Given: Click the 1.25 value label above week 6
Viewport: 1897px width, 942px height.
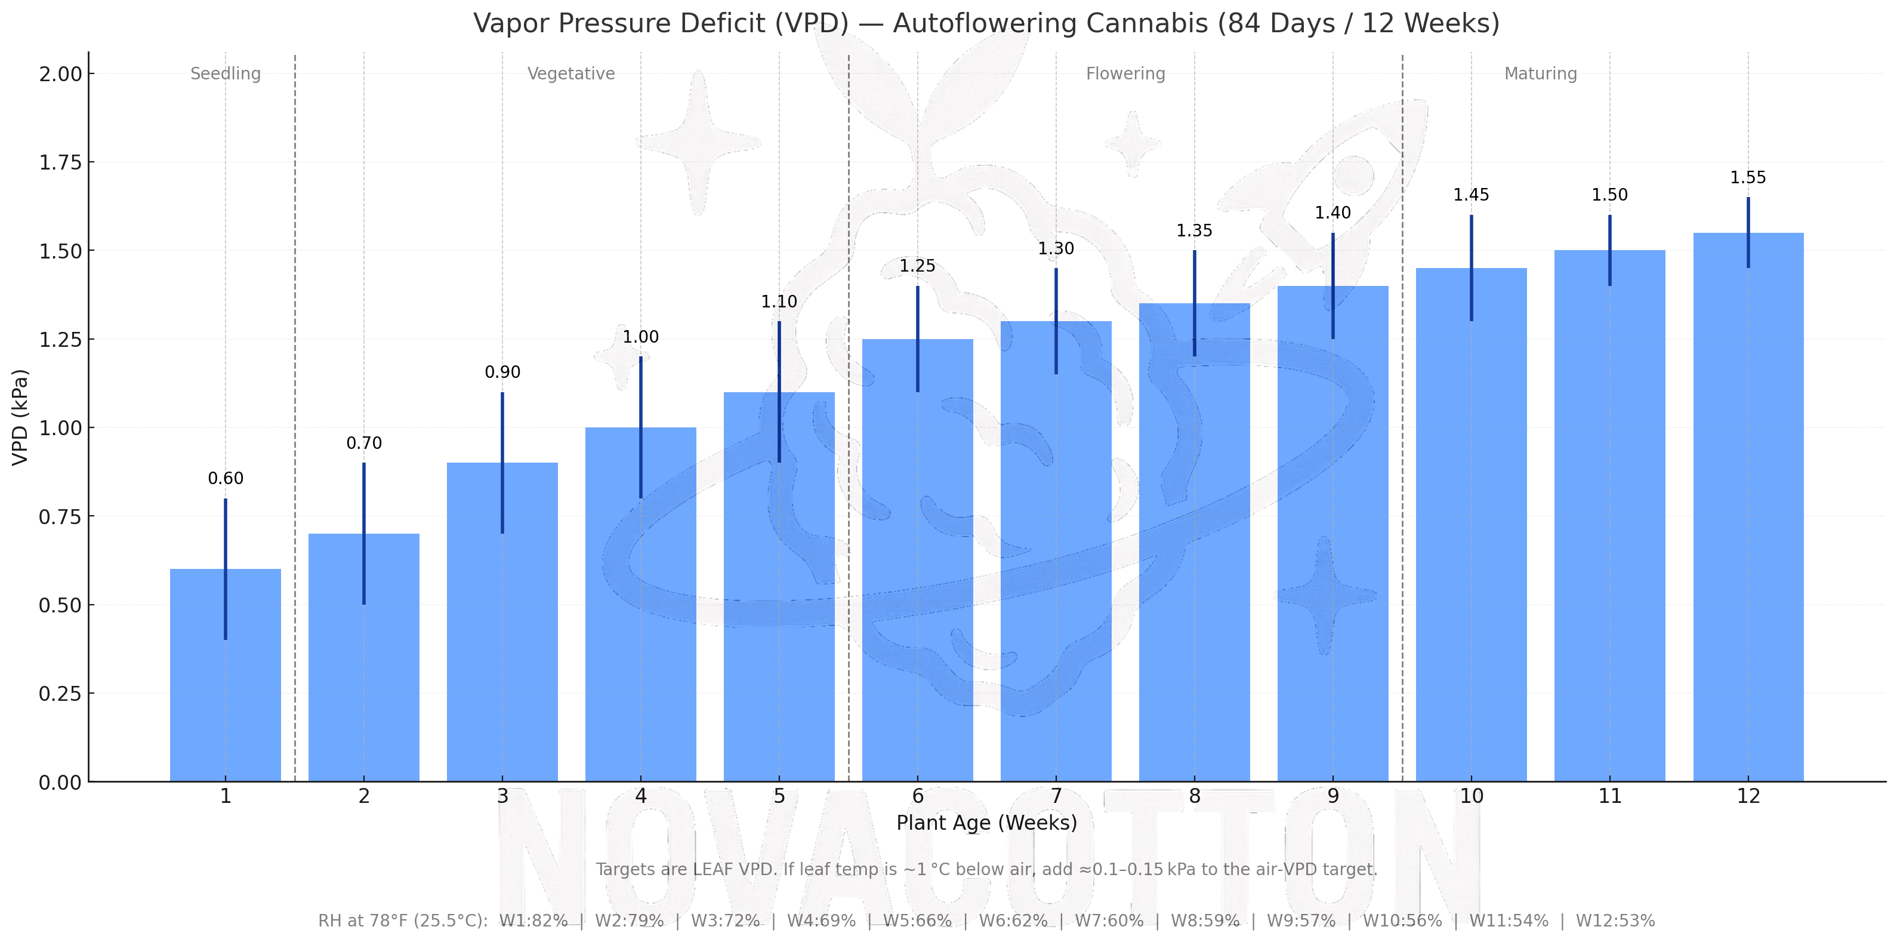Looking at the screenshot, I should [918, 266].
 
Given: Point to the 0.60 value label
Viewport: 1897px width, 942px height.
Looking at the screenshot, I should [226, 479].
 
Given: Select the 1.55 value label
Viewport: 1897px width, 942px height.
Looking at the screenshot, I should [1748, 177].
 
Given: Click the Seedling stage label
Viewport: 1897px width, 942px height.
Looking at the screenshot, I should [226, 73].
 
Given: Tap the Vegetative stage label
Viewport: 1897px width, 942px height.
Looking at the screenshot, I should [570, 73].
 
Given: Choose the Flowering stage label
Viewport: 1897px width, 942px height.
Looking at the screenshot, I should [1125, 73].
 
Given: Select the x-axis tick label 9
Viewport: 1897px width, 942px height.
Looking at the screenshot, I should [1333, 796].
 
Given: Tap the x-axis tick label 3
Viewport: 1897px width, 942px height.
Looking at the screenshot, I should [502, 796].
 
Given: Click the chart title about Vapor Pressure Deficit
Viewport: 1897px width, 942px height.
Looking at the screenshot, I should [986, 23].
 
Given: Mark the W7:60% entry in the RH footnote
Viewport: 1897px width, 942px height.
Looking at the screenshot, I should [1109, 921].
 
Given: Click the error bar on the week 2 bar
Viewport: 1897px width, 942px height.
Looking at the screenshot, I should [364, 533].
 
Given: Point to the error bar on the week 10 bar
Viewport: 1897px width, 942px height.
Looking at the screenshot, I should [1472, 268].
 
